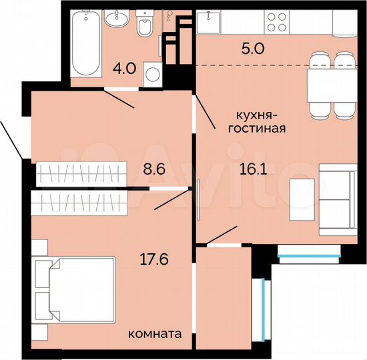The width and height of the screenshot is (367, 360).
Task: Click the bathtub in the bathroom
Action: coord(85,43)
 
